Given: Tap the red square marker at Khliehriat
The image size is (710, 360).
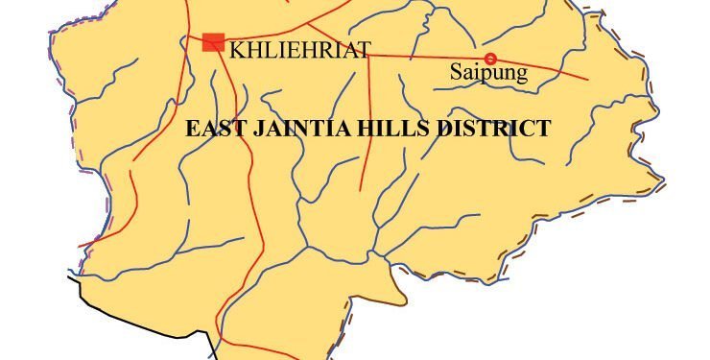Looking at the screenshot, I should (213, 41).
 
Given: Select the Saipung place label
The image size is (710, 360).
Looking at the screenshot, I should (488, 73).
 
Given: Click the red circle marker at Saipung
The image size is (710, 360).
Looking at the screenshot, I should (490, 59).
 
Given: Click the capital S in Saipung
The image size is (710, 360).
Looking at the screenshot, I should (456, 73).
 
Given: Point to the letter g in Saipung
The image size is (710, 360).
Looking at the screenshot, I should (521, 76).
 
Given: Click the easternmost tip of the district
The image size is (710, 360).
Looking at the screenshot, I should (665, 177).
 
